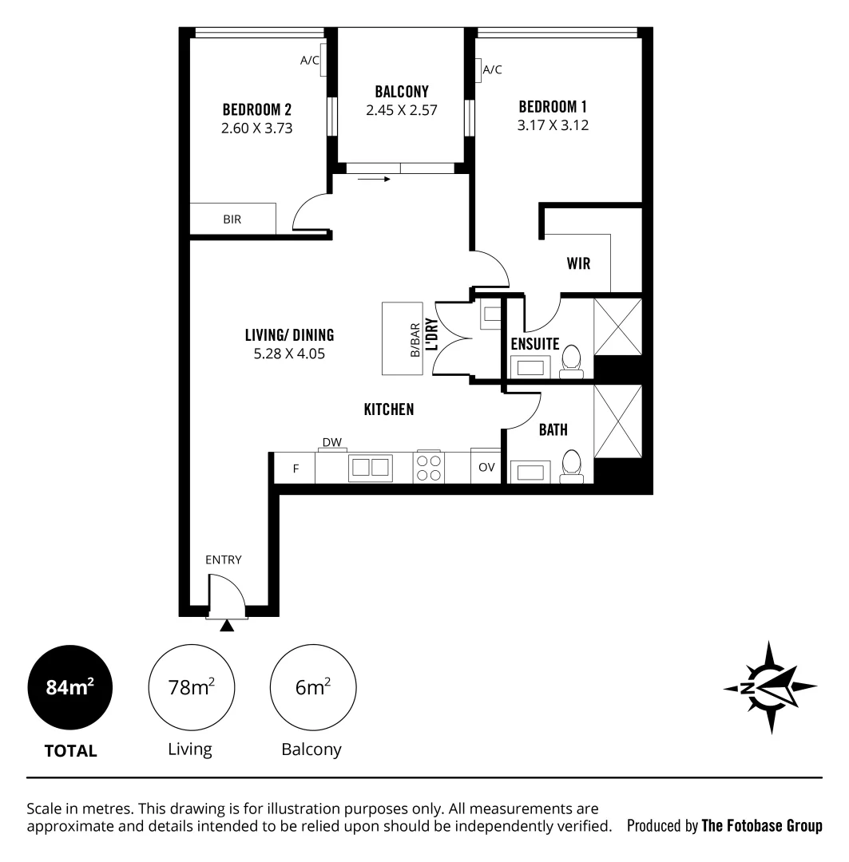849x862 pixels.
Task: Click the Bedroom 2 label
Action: (x=256, y=109)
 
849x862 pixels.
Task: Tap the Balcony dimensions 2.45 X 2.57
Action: (x=403, y=110)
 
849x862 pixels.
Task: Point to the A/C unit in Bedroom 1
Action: (x=478, y=72)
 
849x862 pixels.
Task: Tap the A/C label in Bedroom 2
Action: (x=310, y=60)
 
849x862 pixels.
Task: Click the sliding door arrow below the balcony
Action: (x=373, y=180)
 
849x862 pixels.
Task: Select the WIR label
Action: (x=578, y=263)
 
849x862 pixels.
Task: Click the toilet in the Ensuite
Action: (x=572, y=361)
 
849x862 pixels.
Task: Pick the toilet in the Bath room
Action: (x=572, y=467)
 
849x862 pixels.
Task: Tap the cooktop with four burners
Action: (x=429, y=467)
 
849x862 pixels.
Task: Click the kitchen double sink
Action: (x=371, y=467)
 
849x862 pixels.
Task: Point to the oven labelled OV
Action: (x=486, y=468)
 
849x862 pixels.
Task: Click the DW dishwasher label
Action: (x=331, y=442)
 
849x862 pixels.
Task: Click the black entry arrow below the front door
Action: (x=228, y=627)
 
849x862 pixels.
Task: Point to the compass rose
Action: (x=771, y=687)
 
